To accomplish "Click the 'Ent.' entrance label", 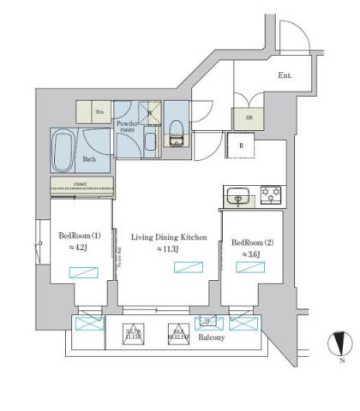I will pos(285,75).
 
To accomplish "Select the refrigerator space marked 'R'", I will pos(241,146).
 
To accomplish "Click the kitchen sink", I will pos(237,196).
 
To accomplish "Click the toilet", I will pos(177,134).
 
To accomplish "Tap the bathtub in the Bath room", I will pos(64,152).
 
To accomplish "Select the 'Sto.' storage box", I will pos(88,111).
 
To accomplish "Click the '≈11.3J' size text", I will pos(168,250).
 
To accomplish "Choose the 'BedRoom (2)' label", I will pos(250,242).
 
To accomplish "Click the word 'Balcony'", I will pos(213,338).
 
